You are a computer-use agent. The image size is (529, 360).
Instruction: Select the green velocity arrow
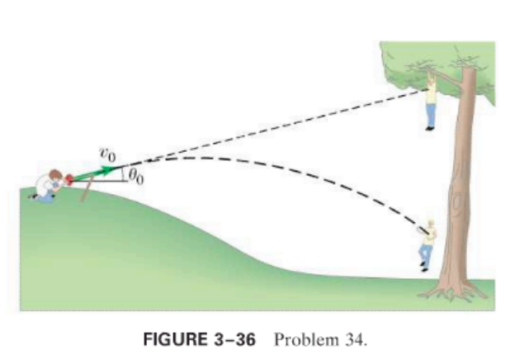[97, 170]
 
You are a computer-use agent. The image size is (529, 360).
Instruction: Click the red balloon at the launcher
[72, 176]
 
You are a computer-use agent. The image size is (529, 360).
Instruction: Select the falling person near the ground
[426, 244]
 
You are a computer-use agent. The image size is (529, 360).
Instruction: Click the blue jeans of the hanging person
[430, 115]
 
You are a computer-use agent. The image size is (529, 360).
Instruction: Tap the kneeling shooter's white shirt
[43, 187]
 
